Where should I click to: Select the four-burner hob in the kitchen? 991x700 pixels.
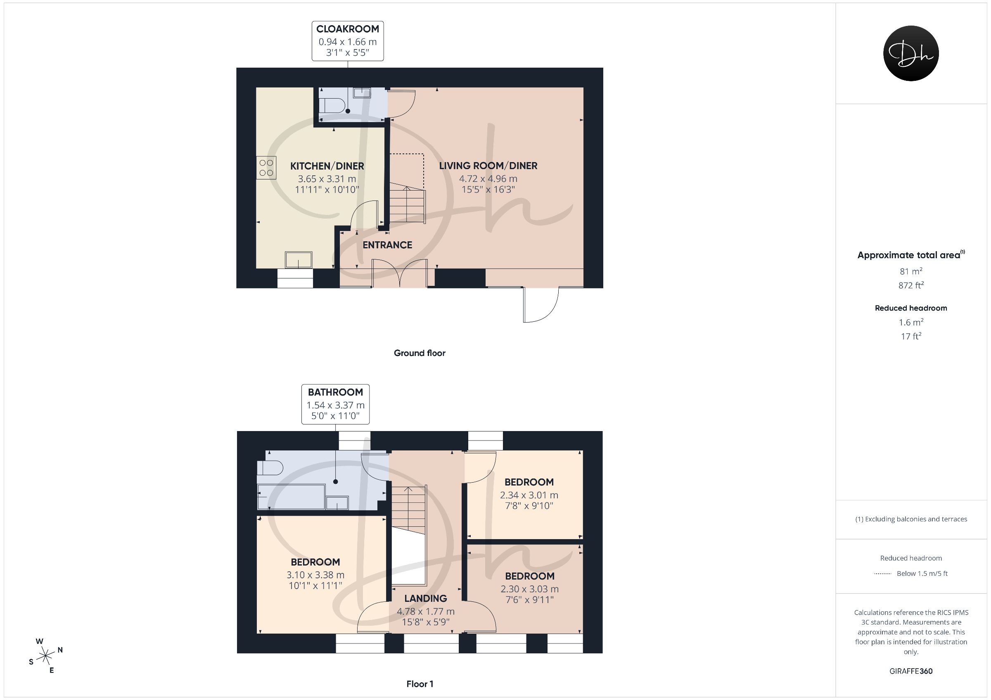266,168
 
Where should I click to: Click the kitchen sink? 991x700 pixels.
298,259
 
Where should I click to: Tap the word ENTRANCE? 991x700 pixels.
387,245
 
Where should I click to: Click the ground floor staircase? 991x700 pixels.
408,203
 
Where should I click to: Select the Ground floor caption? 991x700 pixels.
420,353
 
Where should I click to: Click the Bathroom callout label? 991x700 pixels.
335,404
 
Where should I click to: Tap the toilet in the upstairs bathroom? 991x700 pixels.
270,468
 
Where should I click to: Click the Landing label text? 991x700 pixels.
426,598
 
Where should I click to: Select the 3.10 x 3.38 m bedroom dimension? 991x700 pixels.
315,575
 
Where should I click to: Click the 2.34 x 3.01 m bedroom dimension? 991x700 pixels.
529,495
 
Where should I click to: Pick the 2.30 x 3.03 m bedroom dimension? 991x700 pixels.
530,589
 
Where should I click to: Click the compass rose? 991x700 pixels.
45,656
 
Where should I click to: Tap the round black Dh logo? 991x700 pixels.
911,53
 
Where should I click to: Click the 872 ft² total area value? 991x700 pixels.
911,285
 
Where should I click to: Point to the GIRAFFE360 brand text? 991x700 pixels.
911,671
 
